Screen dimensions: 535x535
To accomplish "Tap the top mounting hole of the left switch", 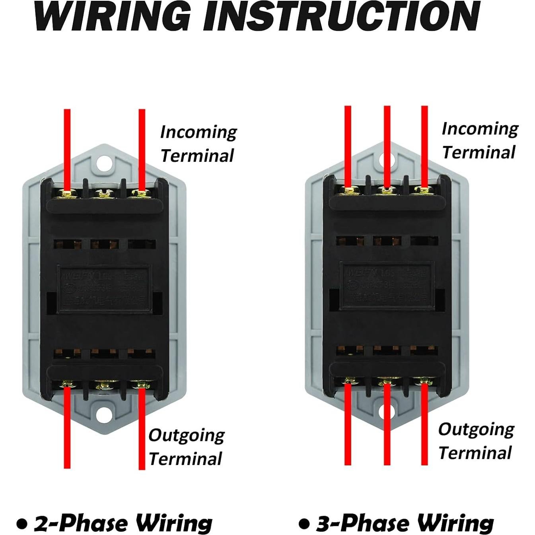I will tap(105, 162).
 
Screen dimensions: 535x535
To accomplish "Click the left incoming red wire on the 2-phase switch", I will tap(67, 147).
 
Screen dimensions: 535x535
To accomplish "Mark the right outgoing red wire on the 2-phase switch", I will tap(142, 430).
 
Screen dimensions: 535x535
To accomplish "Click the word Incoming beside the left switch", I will tap(198, 132).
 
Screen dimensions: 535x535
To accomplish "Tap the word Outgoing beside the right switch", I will tap(476, 430).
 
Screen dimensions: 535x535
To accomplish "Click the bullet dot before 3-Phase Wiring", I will tap(304, 524).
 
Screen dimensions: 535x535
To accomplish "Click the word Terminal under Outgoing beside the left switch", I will tap(185, 459).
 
